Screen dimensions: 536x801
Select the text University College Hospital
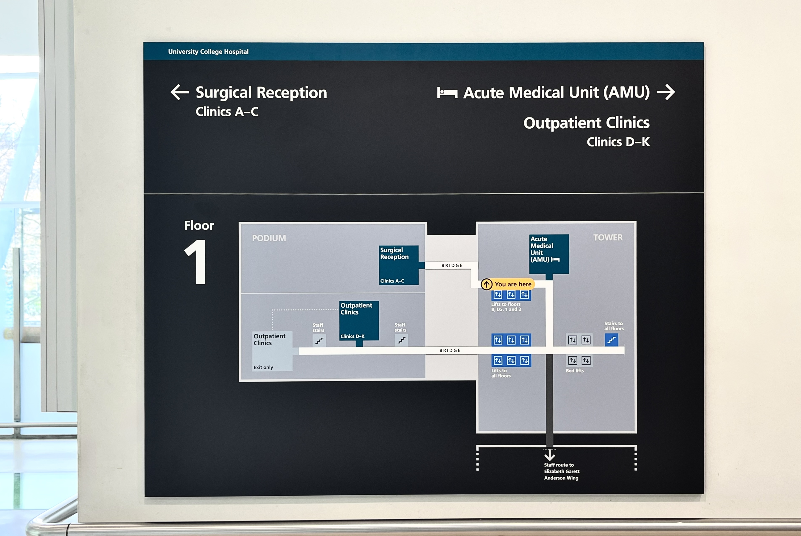click(x=208, y=52)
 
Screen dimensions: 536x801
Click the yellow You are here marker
click(x=508, y=284)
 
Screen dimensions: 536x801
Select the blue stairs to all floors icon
click(x=611, y=340)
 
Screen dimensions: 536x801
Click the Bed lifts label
click(x=575, y=371)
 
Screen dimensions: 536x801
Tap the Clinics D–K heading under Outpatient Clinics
click(x=618, y=142)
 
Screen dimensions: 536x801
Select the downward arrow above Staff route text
click(x=549, y=455)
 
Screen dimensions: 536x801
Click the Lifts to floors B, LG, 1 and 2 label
click(x=506, y=307)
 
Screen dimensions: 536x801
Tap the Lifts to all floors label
click(x=501, y=373)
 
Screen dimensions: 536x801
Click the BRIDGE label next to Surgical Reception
click(x=452, y=265)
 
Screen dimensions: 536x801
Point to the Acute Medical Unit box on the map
click(x=549, y=254)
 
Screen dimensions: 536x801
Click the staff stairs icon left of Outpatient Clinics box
click(x=319, y=340)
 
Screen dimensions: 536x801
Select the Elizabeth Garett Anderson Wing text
click(x=562, y=474)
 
